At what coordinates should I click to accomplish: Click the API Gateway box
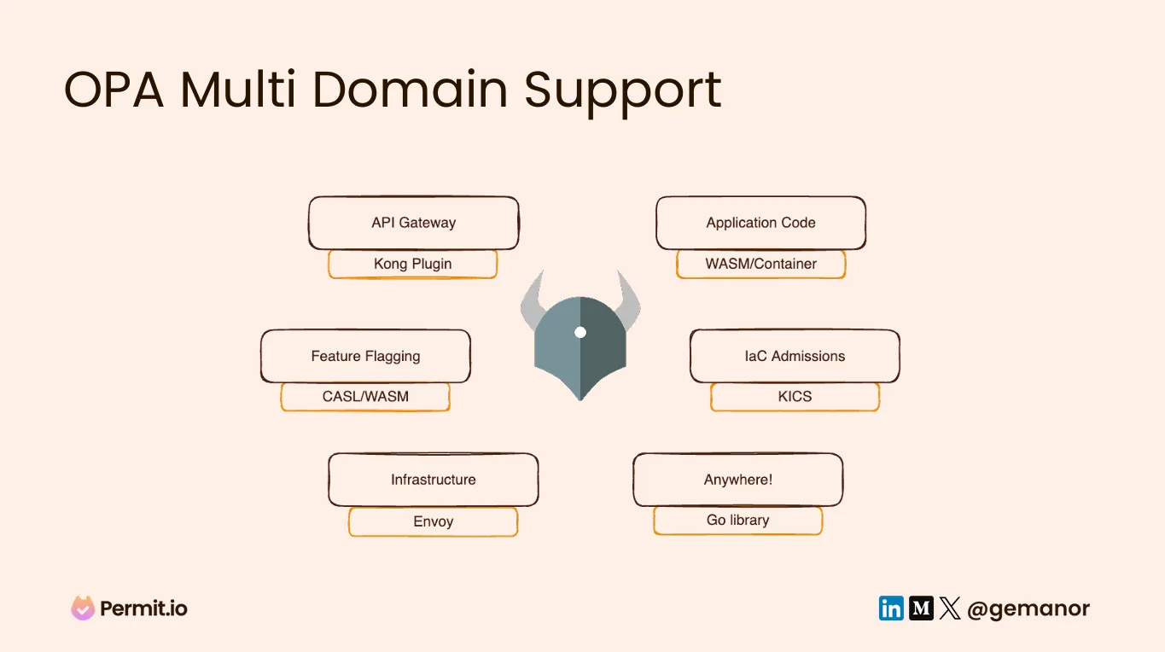pos(413,223)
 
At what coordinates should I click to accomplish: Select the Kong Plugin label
pos(412,264)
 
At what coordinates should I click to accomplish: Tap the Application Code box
pos(760,223)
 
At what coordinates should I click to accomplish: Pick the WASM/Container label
pos(760,264)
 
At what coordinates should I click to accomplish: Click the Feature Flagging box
pos(365,356)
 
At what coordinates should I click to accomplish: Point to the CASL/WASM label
pos(365,397)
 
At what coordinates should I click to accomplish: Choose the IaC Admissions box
pos(795,356)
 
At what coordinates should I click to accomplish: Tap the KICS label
pos(795,397)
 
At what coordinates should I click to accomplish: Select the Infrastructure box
pos(433,480)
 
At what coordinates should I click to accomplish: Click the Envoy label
pos(433,521)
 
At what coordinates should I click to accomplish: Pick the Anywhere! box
pos(737,480)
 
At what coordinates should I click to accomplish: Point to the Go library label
pos(737,520)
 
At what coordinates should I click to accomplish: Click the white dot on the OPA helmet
pos(580,332)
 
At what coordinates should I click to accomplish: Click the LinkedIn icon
pos(891,608)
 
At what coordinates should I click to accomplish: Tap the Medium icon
pos(921,608)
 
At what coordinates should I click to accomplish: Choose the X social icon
pos(950,608)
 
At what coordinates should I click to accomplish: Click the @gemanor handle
pos(1028,608)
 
